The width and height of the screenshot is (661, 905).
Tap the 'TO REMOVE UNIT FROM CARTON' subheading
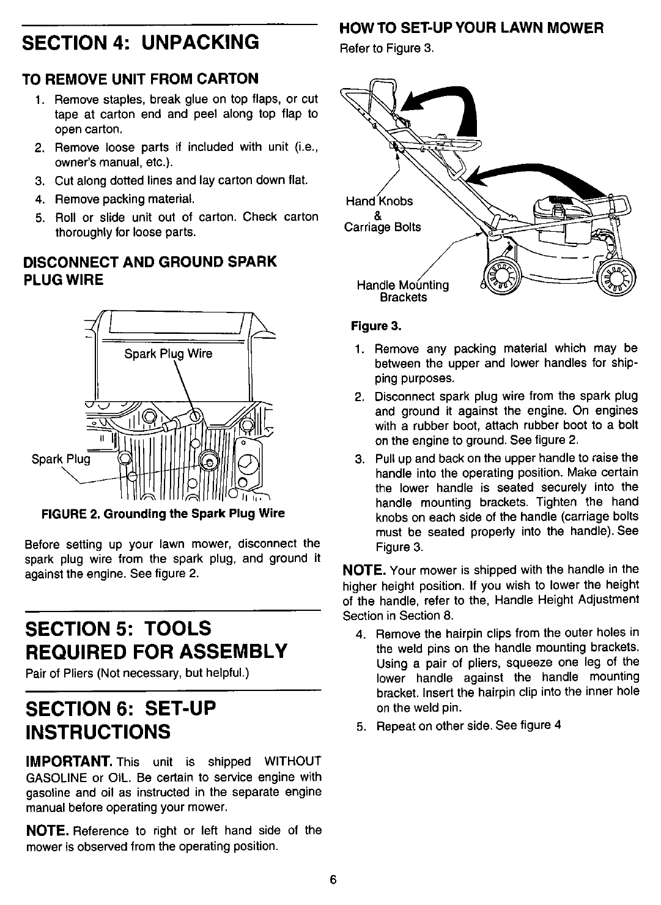(x=140, y=79)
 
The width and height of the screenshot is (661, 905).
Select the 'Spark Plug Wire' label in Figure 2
(x=168, y=353)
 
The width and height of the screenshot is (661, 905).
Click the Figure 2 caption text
(x=162, y=513)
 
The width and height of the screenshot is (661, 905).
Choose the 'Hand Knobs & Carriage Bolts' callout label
(x=382, y=214)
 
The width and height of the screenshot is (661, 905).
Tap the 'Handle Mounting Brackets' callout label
(x=402, y=291)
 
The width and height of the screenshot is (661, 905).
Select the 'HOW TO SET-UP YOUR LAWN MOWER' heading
(x=471, y=28)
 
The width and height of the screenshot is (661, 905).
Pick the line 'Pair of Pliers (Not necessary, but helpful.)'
(x=136, y=674)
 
